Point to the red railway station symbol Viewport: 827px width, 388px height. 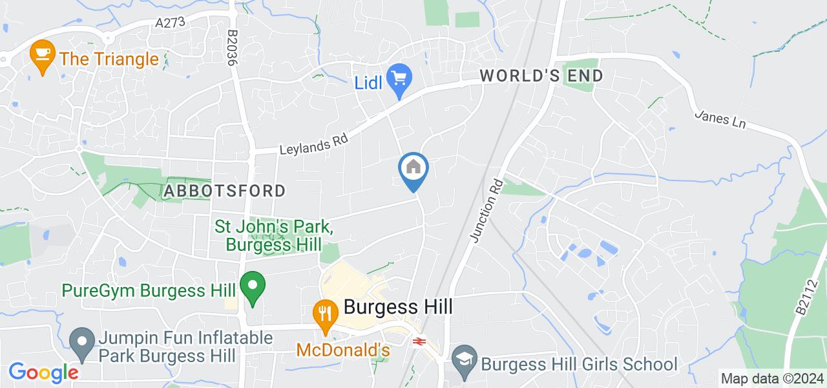419,340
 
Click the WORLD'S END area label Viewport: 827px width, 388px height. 541,76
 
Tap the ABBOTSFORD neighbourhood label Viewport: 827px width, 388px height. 224,191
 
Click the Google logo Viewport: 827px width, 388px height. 43,372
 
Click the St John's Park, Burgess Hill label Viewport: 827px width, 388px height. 274,236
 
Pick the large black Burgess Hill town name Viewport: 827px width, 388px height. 398,307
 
